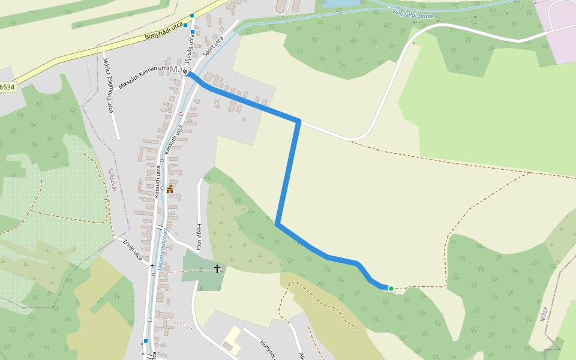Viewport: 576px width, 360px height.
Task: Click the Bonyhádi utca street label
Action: (164, 32)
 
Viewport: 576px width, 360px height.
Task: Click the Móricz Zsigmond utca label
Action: (107, 86)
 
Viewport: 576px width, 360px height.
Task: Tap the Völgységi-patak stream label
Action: (412, 13)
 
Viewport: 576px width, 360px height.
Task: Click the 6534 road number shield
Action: (7, 87)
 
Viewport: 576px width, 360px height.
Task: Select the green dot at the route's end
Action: (391, 289)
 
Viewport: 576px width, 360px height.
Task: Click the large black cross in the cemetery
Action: (217, 269)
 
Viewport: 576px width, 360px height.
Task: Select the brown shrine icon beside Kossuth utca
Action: (170, 189)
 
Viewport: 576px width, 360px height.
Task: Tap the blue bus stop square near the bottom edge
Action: (145, 341)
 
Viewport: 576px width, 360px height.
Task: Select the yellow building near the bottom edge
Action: (232, 340)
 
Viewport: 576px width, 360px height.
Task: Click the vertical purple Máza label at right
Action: (544, 314)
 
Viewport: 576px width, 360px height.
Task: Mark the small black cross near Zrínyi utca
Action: (152, 265)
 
